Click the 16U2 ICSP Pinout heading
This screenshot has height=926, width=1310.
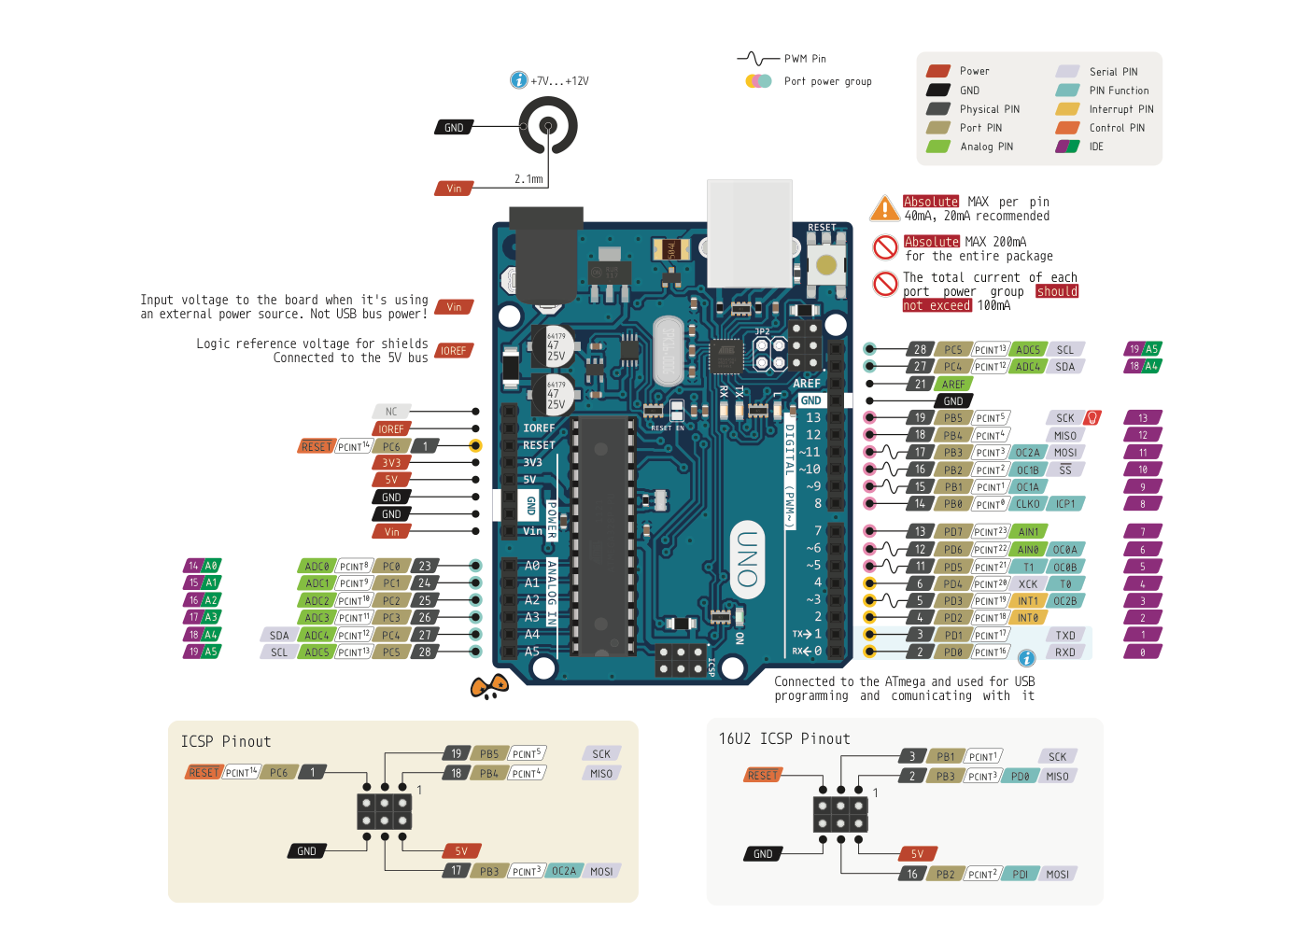[x=784, y=739]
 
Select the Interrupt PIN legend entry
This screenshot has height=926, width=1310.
[x=1120, y=109]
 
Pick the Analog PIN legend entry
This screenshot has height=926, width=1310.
[x=986, y=147]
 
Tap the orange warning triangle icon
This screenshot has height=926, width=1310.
[x=884, y=208]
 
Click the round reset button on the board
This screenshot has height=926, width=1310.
[x=826, y=265]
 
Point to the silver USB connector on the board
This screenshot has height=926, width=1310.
[x=750, y=233]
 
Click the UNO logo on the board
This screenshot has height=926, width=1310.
[x=747, y=559]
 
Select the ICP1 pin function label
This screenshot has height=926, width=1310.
[x=1065, y=504]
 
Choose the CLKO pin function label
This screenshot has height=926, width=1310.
[x=1028, y=504]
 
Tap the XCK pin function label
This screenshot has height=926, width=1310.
[x=1028, y=584]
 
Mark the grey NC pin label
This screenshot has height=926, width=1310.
[x=391, y=412]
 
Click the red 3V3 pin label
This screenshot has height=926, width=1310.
[x=391, y=463]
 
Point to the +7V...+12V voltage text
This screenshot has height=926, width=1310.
[x=559, y=81]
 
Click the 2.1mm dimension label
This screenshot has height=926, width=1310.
[x=528, y=179]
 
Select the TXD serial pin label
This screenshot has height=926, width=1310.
[x=1065, y=636]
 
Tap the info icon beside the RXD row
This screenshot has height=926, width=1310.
[x=1026, y=658]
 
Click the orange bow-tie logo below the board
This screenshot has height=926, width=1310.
[x=489, y=688]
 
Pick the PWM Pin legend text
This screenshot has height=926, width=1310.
[x=805, y=59]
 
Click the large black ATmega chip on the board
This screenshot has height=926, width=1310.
[x=604, y=537]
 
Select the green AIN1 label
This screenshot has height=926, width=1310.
[x=1028, y=532]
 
